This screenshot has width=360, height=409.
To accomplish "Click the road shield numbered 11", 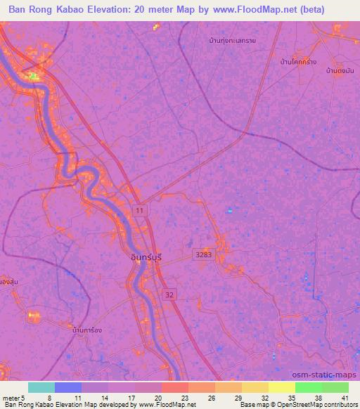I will click(x=141, y=210).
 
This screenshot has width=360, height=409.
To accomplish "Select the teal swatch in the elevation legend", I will click(x=41, y=387).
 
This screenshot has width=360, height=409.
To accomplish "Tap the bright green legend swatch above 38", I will click(x=309, y=387).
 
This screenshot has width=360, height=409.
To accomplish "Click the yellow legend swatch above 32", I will click(x=255, y=387).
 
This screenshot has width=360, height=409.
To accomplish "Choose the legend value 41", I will click(x=344, y=397).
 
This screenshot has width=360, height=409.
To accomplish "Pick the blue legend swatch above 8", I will click(x=68, y=387).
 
